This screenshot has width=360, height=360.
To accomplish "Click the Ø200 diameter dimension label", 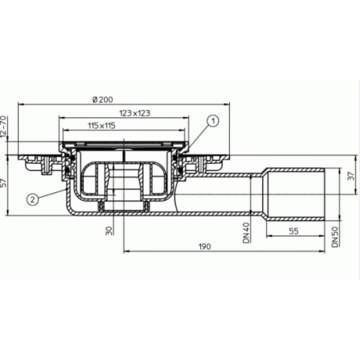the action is click(x=103, y=99).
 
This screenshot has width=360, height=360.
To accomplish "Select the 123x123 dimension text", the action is click(x=135, y=113).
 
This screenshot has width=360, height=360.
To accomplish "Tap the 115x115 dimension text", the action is click(x=102, y=126).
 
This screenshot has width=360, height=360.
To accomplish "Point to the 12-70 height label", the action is click(x=3, y=127).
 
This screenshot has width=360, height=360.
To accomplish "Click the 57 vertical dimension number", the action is click(x=3, y=183).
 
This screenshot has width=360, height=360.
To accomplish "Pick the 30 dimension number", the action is click(x=109, y=231).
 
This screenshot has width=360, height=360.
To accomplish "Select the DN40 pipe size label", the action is click(x=246, y=233).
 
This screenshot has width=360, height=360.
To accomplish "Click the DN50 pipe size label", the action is click(x=335, y=237).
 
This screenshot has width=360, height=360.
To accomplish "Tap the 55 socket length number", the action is click(x=294, y=231).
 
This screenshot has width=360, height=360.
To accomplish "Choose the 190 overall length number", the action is click(x=205, y=246).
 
